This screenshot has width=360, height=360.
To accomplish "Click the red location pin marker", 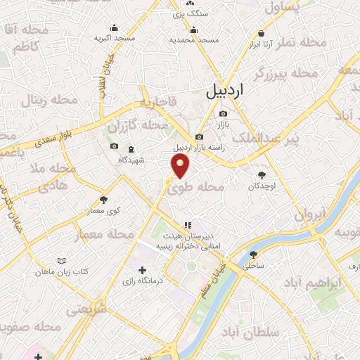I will click(181, 167).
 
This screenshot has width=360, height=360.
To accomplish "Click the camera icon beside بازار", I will click(223, 113).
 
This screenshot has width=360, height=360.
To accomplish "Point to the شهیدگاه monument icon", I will click(131, 149).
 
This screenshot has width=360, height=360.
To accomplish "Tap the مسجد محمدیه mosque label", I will click(193, 40).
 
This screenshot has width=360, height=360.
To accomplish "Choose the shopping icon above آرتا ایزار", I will click(262, 33).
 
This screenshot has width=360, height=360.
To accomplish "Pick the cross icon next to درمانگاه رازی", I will click(143, 270).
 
